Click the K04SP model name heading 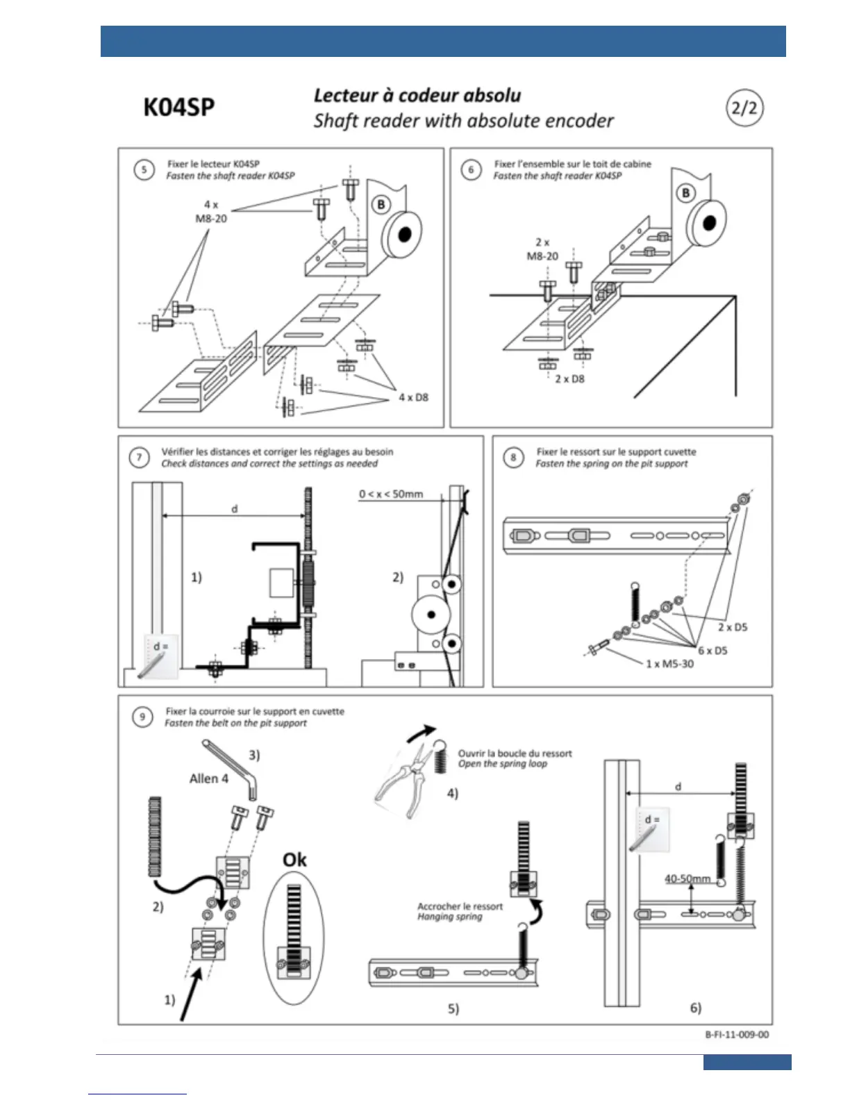pos(178,108)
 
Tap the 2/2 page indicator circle pos(744,108)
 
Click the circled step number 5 pos(144,169)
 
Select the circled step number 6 pos(472,169)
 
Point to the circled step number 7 pos(139,457)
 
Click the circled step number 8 pos(513,457)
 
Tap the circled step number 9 pos(142,717)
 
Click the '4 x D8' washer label pos(413,397)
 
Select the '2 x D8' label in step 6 pos(569,379)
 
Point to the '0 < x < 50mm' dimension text pos(391,494)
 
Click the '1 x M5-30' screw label pos(669,664)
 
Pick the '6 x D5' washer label pos(712,651)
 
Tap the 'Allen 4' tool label pos(208,778)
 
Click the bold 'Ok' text pos(294,860)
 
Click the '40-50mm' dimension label pos(687,878)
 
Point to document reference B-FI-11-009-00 pos(737,1034)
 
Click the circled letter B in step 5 pos(381,204)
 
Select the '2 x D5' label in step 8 pos(733,627)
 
